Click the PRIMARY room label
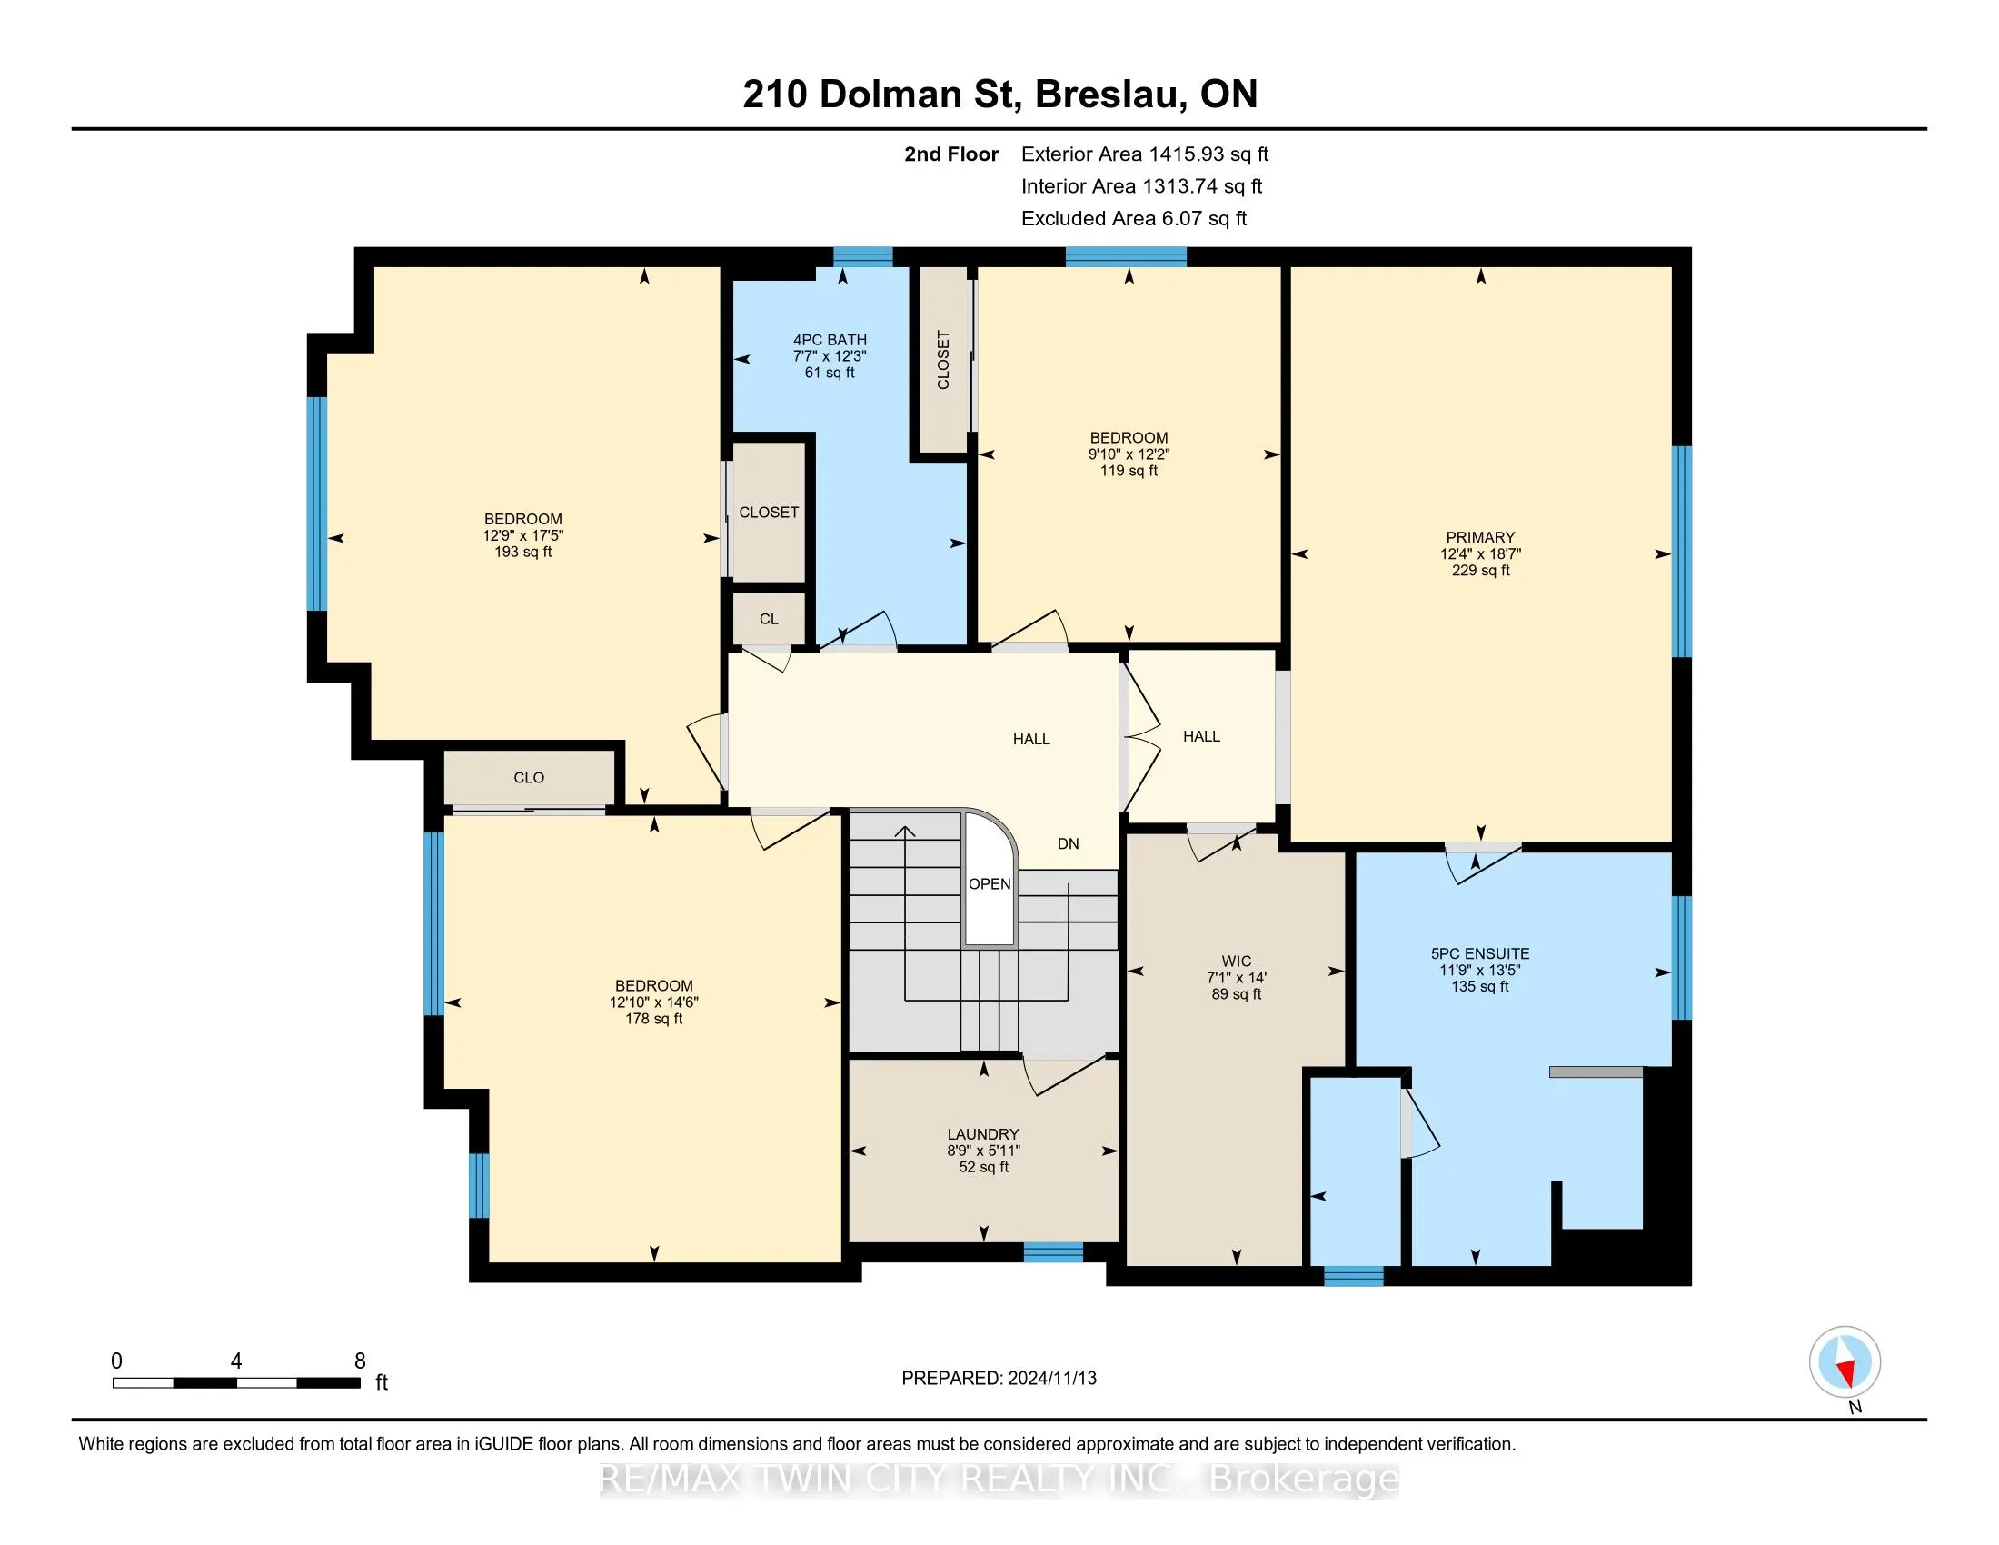[1480, 537]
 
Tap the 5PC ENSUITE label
[1480, 953]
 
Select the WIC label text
[1236, 961]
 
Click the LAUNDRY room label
[983, 1134]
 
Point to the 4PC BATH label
[830, 340]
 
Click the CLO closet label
[529, 778]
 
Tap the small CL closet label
[769, 620]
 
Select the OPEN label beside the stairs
[990, 884]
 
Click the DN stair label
[1069, 844]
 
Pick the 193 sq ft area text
[523, 552]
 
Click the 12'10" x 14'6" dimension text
[653, 1002]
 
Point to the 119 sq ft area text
[1129, 471]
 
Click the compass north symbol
[1845, 1362]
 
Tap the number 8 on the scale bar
[361, 1361]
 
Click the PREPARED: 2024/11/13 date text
[999, 1379]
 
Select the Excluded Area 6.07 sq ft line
[1134, 219]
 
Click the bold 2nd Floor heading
[951, 154]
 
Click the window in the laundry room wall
[1052, 1252]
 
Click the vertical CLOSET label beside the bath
[944, 360]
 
